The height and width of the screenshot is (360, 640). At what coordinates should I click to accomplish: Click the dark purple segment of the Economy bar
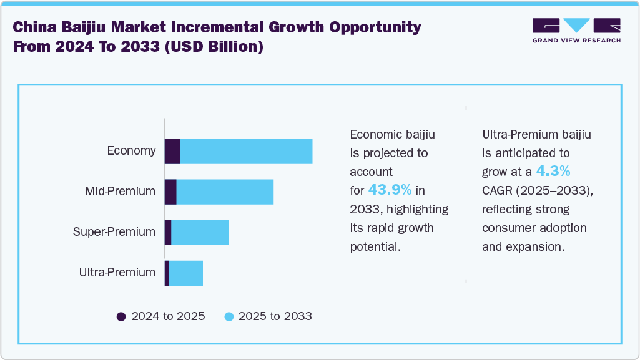(172, 152)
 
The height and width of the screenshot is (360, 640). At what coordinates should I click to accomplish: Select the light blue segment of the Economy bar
(247, 152)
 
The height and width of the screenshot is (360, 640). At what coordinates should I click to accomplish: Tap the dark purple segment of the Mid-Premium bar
(170, 192)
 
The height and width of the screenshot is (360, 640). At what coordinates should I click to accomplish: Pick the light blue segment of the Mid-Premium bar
(225, 192)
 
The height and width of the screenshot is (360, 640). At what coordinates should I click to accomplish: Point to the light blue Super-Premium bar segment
(200, 232)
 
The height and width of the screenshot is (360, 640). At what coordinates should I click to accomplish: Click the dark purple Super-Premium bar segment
(168, 232)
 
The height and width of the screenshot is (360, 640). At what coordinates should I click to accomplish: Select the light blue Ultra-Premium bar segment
(186, 273)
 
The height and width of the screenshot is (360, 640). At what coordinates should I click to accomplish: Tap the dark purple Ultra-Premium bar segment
(167, 273)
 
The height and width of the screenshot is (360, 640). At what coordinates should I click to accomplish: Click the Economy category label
(131, 151)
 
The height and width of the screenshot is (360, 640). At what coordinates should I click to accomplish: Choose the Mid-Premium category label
(120, 192)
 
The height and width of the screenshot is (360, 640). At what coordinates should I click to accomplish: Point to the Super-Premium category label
(114, 232)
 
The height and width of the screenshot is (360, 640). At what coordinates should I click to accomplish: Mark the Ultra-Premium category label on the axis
(117, 273)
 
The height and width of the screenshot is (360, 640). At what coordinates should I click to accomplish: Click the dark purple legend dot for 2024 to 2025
(121, 316)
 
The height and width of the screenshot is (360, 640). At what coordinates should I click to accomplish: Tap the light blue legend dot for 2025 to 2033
(229, 316)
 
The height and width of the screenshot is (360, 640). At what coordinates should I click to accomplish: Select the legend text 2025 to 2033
(276, 316)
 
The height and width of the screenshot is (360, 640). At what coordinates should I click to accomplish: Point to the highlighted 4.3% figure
(553, 171)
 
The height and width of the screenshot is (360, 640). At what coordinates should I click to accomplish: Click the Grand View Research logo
(576, 31)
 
